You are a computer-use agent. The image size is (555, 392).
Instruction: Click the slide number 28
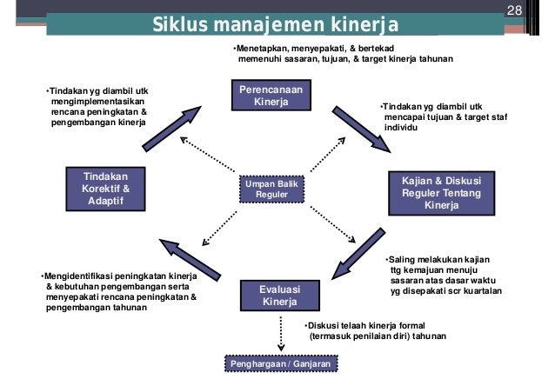[512, 10]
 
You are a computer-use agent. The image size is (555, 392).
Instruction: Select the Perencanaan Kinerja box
[270, 96]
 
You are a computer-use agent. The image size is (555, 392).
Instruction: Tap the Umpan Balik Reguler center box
[270, 189]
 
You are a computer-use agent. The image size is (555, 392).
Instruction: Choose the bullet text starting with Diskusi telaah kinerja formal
[375, 330]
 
